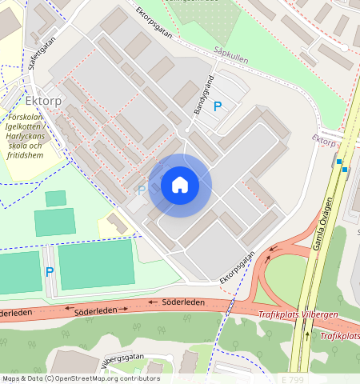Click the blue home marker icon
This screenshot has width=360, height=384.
click(x=180, y=186)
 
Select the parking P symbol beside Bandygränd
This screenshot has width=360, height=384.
click(x=217, y=106)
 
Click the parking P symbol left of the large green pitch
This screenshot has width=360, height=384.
click(x=49, y=272)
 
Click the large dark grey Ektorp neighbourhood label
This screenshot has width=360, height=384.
click(x=44, y=102)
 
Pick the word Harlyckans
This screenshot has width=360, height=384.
click(x=34, y=136)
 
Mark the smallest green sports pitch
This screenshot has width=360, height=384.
click(x=55, y=198)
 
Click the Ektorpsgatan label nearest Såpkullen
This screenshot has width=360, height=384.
click(x=153, y=24)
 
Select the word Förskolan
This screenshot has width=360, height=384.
click(x=33, y=117)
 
